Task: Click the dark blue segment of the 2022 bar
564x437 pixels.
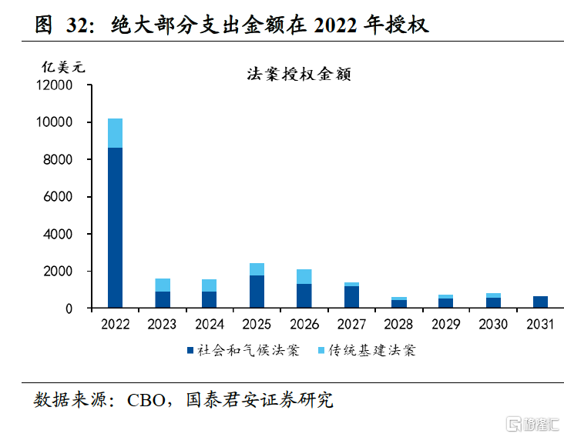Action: [115, 228]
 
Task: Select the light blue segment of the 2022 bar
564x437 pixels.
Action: [115, 133]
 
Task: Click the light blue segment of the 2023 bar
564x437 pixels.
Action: [162, 285]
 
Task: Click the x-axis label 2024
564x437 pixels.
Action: [209, 324]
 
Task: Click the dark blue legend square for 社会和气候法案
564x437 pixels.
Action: [189, 351]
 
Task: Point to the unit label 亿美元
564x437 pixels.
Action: [64, 66]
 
